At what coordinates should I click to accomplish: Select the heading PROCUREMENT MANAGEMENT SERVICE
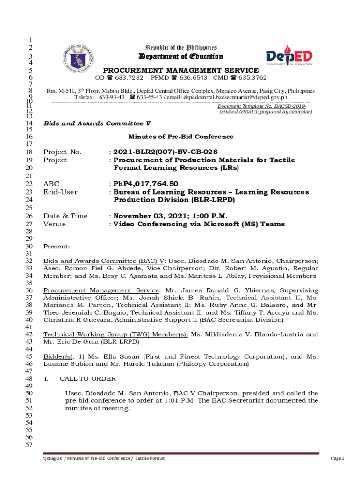coord(180,70)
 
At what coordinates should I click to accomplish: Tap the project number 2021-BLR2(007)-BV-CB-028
coord(166,152)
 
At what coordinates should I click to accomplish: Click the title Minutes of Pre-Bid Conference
coord(180,137)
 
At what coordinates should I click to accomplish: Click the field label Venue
coord(55,224)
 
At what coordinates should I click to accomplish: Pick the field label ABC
coord(51,184)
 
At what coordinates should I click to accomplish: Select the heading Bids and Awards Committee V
coord(97,123)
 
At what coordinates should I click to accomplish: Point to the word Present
coord(57,247)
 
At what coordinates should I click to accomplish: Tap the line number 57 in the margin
coord(29,445)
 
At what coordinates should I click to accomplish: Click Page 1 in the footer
coord(337,458)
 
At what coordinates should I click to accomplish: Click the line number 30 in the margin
coord(29,247)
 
